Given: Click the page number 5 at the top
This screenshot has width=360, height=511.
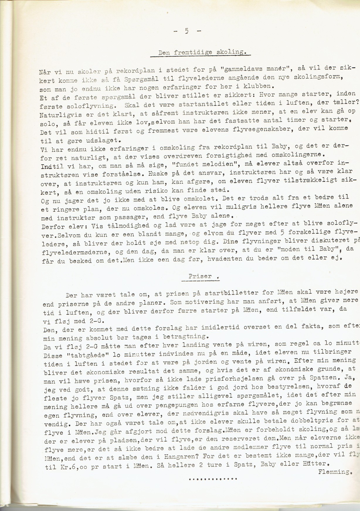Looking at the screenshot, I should [186, 31].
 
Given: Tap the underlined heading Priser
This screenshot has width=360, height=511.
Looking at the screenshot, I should [200, 276].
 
